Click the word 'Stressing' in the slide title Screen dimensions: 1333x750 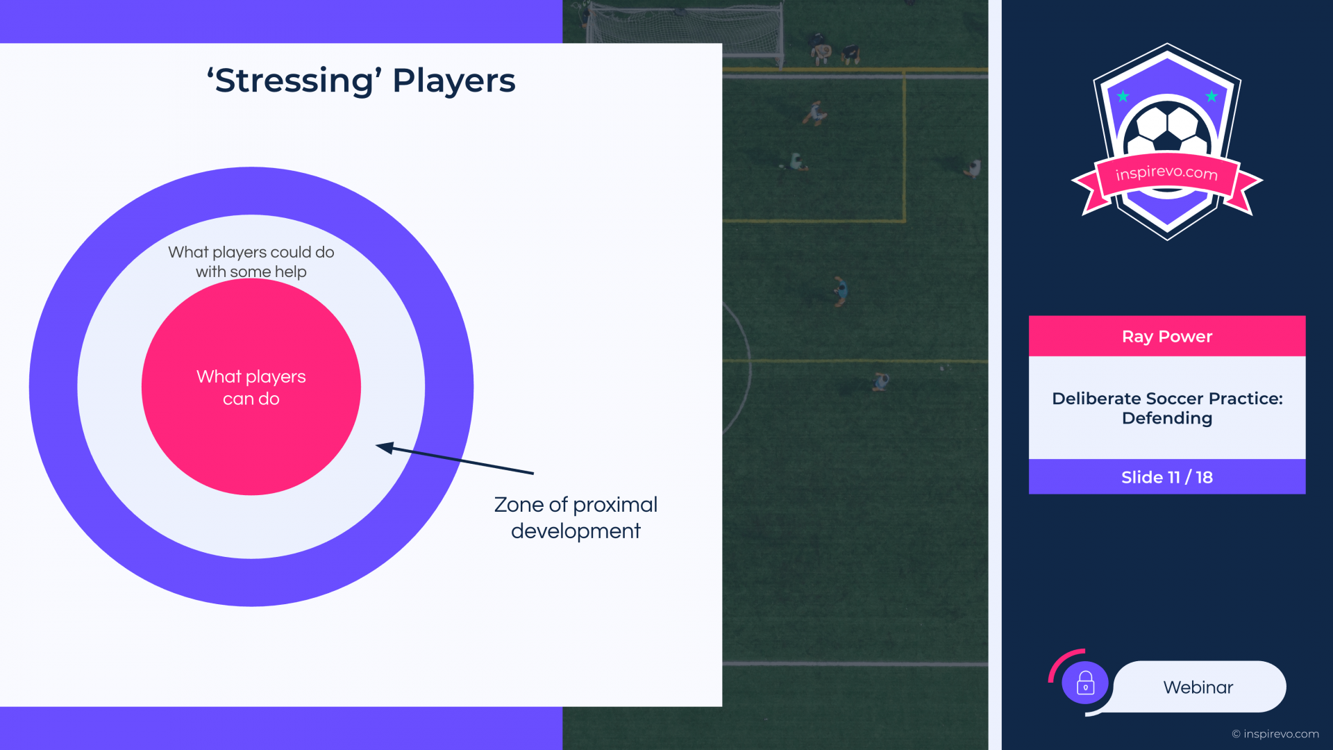coord(294,81)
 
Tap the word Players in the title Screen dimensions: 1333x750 coord(454,81)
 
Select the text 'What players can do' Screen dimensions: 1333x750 coord(251,387)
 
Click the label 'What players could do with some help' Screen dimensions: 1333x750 coord(251,262)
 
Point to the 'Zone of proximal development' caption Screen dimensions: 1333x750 coord(576,517)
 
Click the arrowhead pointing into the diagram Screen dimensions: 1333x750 coord(385,448)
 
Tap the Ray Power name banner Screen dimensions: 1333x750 coord(1167,336)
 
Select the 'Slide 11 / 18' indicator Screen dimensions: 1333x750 coord(1167,477)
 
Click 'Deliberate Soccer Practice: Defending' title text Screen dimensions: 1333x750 coord(1167,408)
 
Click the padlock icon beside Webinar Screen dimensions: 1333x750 coord(1085,683)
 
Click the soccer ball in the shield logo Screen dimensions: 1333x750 coord(1167,128)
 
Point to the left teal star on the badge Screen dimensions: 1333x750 coord(1123,96)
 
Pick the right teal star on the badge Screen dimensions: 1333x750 coord(1212,96)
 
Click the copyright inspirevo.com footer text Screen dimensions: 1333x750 coord(1275,734)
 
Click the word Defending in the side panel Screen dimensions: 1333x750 coord(1167,418)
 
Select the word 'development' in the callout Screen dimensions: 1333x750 coord(576,531)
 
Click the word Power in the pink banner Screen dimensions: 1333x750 coord(1185,337)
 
